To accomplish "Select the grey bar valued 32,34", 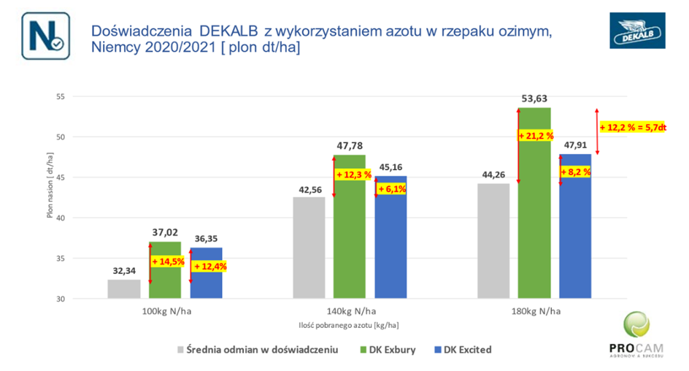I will click(124, 289).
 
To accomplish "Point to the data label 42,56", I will click(310, 189).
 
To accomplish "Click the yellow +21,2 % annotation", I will click(536, 136).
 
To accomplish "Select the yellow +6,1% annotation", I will click(391, 189).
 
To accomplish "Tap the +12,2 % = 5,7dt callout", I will click(633, 128).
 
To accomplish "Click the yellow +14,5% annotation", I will click(168, 261).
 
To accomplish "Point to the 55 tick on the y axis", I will click(61, 96).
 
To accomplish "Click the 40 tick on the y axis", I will click(61, 218).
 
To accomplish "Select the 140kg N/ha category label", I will click(350, 311).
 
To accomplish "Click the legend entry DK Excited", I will click(462, 350).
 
